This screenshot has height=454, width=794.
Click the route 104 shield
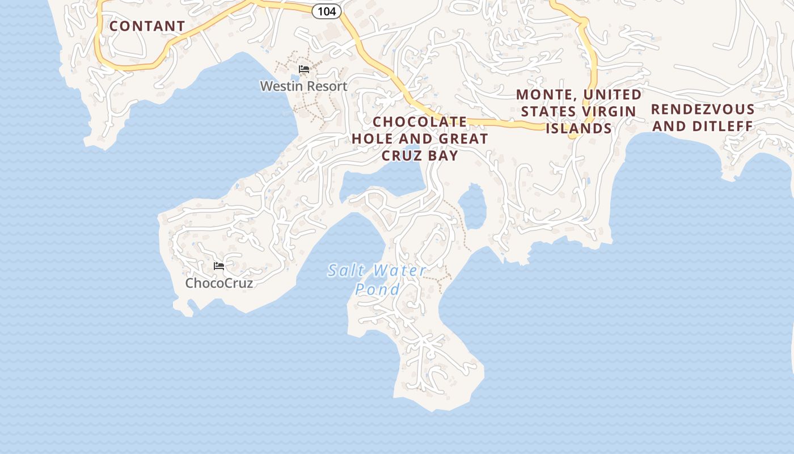327,11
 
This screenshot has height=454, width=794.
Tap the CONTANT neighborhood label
147,26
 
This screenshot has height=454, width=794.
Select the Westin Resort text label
303,86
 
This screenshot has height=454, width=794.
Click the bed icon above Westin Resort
304,69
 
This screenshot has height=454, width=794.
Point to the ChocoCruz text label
219,283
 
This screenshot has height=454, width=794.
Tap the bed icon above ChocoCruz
219,266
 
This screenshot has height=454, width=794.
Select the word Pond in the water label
377,289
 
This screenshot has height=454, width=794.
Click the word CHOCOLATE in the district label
420,122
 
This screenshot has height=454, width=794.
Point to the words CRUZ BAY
420,155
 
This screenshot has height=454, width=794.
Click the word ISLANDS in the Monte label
578,128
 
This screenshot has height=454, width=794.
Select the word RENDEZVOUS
703,109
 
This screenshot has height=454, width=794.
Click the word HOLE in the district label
373,138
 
